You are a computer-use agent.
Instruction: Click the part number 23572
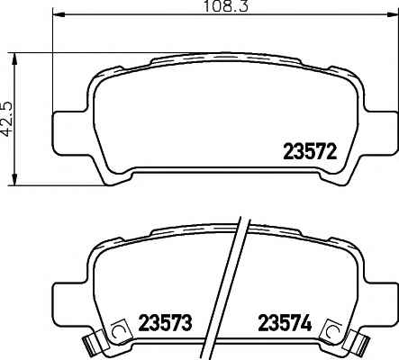310,152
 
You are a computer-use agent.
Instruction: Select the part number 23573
165,323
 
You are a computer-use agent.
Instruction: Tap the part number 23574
285,323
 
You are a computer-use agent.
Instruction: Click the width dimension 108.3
226,6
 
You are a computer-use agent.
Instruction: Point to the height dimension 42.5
6,119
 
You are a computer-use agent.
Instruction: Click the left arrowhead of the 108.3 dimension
59,14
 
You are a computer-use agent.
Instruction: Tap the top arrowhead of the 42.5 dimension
14,58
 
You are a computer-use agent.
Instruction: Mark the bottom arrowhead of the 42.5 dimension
14,179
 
